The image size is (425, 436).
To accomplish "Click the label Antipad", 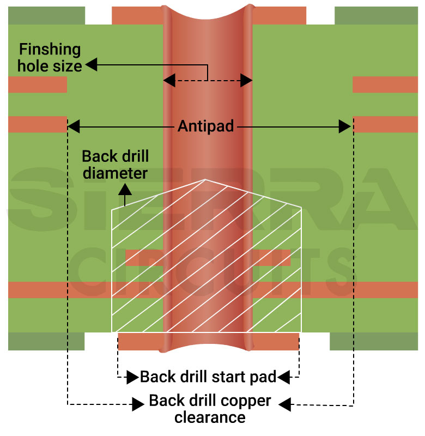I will [206, 127].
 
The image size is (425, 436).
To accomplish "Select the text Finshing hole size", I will [50, 58].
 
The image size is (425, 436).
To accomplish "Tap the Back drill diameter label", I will [115, 165].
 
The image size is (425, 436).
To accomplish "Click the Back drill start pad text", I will [208, 377].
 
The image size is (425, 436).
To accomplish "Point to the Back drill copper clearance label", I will [210, 409].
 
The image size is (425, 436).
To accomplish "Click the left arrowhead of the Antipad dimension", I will [73, 127].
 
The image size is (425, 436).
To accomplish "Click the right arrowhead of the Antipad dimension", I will [345, 127].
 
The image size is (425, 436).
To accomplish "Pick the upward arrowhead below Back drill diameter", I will [125, 190].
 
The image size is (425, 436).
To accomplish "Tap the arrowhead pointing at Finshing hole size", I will [91, 65].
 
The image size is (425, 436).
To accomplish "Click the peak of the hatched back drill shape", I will [204, 180].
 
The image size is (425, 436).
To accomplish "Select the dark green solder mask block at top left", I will [46, 15].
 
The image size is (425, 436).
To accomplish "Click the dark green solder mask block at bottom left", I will [46, 341].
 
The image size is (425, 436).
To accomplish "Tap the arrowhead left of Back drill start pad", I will [131, 377].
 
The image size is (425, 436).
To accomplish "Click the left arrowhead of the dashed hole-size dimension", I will [169, 81].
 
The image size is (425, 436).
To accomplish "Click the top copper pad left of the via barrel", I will [137, 16].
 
